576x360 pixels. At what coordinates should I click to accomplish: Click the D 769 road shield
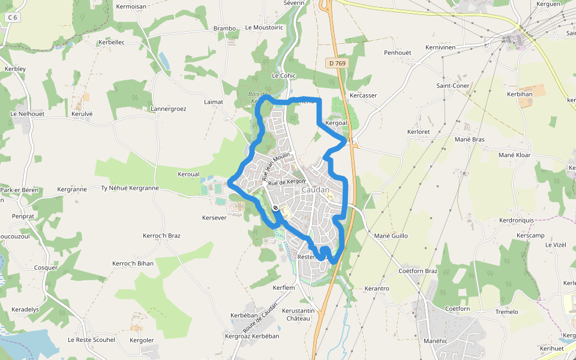(337, 63)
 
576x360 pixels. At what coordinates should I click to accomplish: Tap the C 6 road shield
(11, 18)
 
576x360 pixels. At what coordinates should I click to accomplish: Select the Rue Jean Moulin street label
(275, 166)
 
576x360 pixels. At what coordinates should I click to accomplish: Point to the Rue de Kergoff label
(287, 182)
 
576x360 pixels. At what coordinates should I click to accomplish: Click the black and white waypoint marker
(275, 208)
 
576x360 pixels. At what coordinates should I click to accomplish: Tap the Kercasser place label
(363, 95)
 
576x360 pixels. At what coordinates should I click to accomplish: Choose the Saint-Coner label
(453, 85)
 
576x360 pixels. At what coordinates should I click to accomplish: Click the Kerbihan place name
(520, 94)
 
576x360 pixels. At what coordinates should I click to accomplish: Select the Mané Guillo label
(391, 236)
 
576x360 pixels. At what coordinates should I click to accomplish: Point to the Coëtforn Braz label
(418, 271)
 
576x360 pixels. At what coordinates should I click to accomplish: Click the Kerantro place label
(377, 289)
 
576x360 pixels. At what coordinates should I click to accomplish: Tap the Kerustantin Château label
(298, 314)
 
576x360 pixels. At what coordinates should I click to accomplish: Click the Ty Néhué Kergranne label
(130, 188)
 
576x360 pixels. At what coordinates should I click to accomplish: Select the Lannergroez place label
(169, 109)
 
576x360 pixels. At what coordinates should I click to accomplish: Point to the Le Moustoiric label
(264, 28)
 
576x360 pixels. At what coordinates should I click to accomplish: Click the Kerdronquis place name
(517, 220)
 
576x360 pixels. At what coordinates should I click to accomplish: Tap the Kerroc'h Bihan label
(133, 263)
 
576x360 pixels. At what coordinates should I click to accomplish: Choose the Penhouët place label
(398, 53)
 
